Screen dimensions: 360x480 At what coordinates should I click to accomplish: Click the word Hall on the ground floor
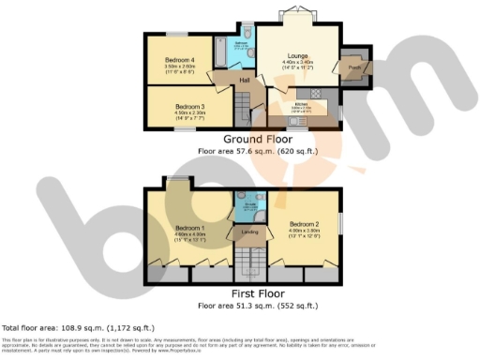point(244,81)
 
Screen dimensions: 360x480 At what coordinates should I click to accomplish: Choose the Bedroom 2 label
point(305,224)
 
